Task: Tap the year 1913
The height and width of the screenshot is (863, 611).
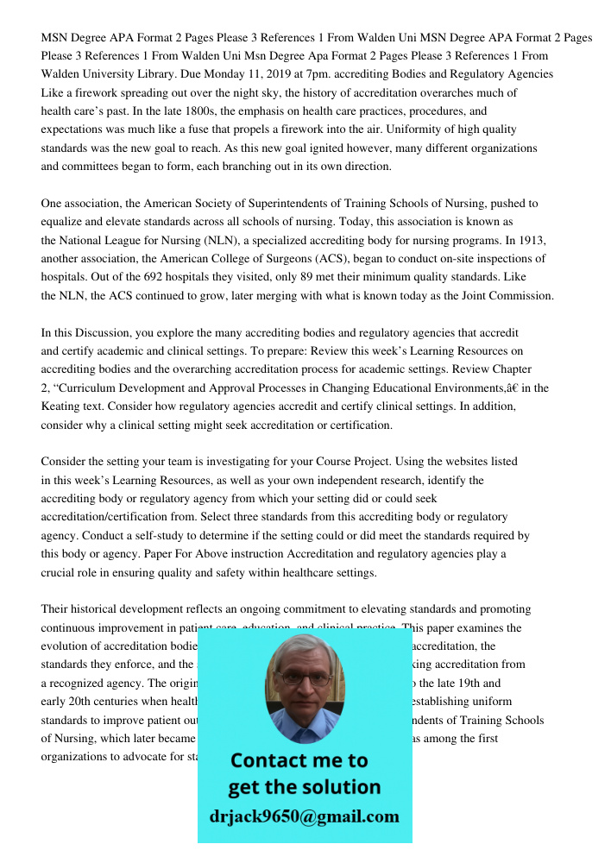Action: pyautogui.click(x=528, y=240)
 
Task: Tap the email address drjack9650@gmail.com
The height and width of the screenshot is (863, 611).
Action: pyautogui.click(x=304, y=816)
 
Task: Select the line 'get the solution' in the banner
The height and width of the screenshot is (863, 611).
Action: pyautogui.click(x=304, y=787)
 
